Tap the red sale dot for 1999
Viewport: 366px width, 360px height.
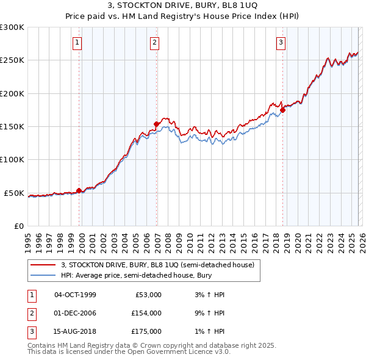click(x=79, y=190)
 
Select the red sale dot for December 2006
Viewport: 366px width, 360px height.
click(x=156, y=124)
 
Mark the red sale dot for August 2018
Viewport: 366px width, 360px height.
click(x=282, y=110)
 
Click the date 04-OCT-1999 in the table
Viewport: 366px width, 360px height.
click(x=75, y=295)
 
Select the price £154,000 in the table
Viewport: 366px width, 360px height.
click(x=146, y=313)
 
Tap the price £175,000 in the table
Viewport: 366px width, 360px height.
click(x=146, y=331)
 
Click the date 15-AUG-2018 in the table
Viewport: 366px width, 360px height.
click(x=75, y=331)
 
